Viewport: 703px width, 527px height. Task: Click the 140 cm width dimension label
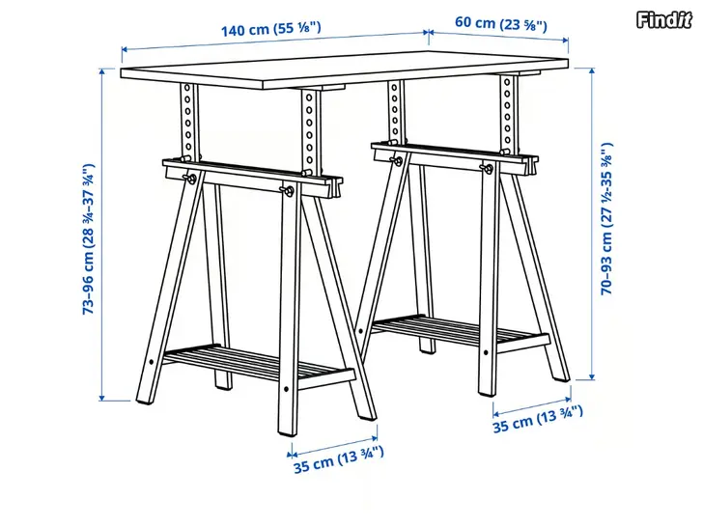(x=270, y=29)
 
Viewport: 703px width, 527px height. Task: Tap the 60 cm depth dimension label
(x=501, y=23)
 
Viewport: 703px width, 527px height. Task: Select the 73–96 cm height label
(x=89, y=238)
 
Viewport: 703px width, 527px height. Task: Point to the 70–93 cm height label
(x=606, y=219)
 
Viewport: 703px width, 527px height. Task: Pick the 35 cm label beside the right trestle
(x=538, y=419)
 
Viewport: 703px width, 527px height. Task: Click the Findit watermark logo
(x=664, y=19)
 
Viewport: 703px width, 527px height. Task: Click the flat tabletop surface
(x=345, y=69)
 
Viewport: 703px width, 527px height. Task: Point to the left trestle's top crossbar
(x=252, y=177)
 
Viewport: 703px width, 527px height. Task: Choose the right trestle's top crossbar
(x=455, y=156)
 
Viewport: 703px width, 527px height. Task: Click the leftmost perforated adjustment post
(x=188, y=121)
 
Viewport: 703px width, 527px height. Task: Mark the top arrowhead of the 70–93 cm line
(x=592, y=71)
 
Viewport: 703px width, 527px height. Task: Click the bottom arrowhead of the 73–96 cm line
(x=102, y=397)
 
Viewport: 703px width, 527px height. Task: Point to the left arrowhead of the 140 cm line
(x=126, y=49)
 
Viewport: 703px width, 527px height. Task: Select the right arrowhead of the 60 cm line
(x=565, y=40)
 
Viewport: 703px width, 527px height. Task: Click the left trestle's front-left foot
(x=144, y=397)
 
